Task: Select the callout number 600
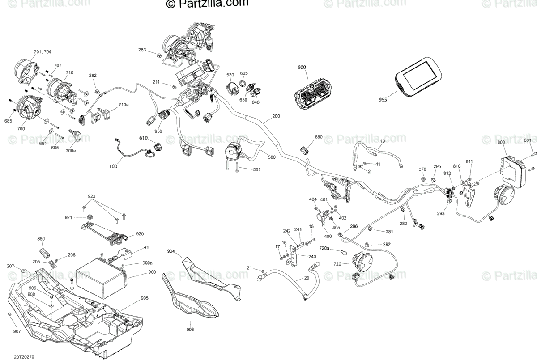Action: click(x=302, y=67)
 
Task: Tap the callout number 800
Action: click(x=501, y=143)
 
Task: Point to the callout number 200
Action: click(x=276, y=116)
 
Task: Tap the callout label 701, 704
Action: click(x=43, y=52)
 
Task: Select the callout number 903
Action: click(x=190, y=330)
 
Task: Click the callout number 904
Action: click(x=171, y=251)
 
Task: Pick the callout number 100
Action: click(x=113, y=166)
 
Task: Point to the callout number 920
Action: click(x=141, y=233)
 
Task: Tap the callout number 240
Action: click(x=312, y=256)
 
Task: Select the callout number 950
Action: click(x=158, y=131)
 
